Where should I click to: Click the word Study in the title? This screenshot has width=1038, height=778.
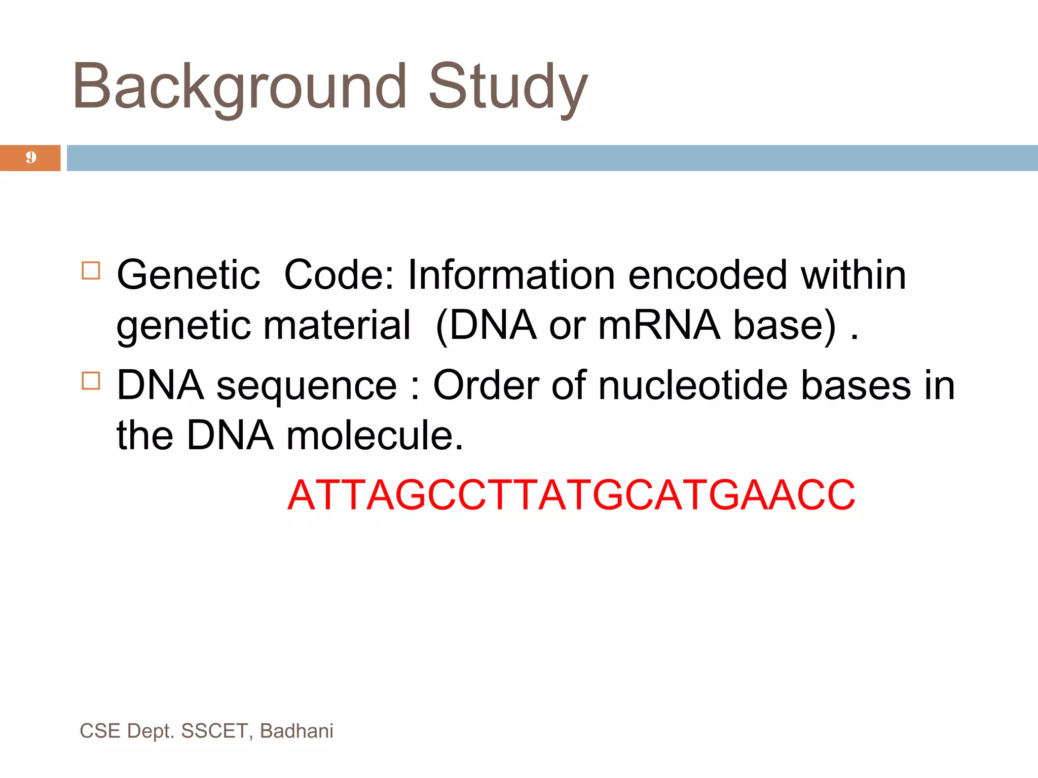[x=508, y=87]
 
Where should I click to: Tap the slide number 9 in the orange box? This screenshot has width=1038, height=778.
[x=31, y=158]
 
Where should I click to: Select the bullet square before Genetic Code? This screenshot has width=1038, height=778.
[x=91, y=270]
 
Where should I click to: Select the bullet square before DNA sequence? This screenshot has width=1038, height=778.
[x=91, y=381]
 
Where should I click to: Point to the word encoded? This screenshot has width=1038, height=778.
[x=708, y=275]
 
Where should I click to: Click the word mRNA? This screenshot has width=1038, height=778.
[x=659, y=325]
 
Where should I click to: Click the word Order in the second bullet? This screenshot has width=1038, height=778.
[x=486, y=385]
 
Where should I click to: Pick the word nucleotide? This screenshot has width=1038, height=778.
[x=693, y=385]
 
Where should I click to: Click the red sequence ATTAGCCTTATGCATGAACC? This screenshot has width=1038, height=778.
[x=571, y=495]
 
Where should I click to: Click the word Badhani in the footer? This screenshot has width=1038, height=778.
[x=296, y=731]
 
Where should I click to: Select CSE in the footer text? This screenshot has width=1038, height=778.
[x=100, y=731]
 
